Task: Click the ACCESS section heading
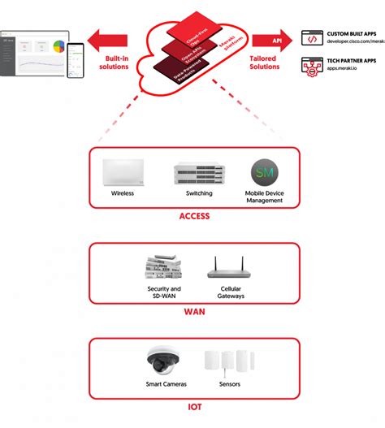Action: click(x=194, y=217)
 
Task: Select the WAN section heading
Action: click(x=193, y=312)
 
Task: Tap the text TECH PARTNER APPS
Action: click(x=350, y=60)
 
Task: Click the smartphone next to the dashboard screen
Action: click(x=75, y=59)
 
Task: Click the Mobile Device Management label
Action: click(x=266, y=197)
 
